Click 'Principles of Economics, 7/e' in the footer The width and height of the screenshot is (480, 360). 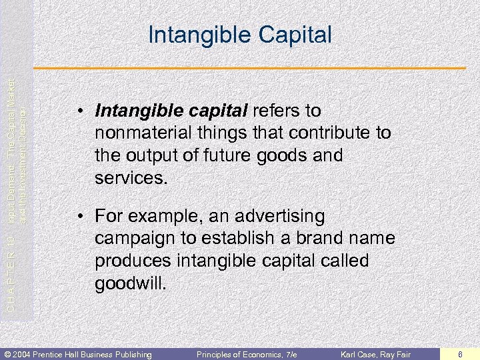tap(247, 353)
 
